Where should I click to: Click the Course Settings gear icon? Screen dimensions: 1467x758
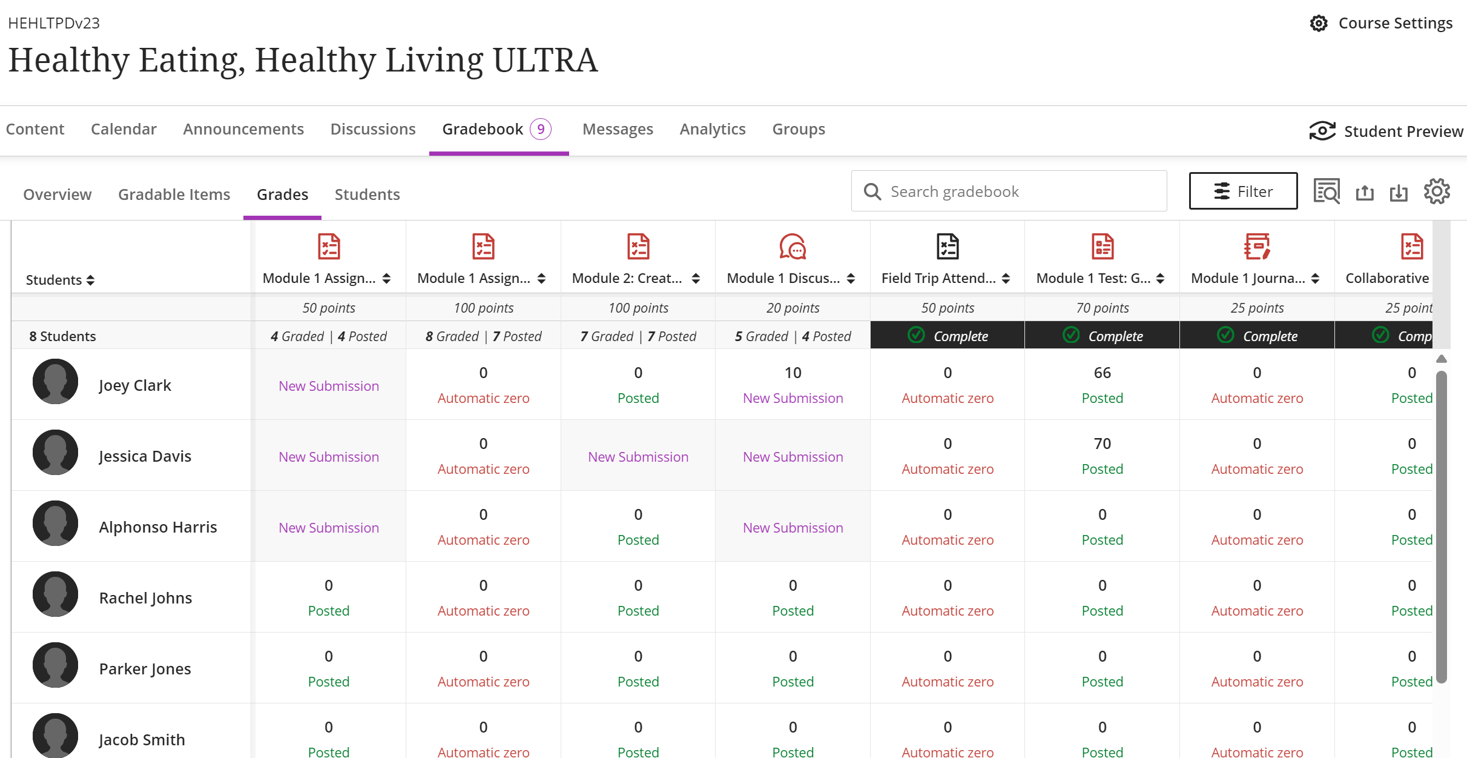[1319, 23]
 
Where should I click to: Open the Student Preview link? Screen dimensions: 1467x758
[1386, 131]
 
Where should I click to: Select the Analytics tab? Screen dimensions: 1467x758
[713, 129]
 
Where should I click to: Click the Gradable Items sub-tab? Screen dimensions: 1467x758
[174, 194]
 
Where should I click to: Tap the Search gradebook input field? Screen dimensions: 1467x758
[1009, 191]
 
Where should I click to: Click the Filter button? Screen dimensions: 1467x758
[1243, 191]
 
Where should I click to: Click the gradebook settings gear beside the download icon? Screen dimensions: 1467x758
[1437, 191]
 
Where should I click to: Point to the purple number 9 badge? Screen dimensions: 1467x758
[541, 129]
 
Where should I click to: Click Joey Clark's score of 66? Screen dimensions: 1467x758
[1102, 373]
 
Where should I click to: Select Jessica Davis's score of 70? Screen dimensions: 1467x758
[1102, 444]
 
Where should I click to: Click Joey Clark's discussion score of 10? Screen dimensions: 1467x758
[793, 373]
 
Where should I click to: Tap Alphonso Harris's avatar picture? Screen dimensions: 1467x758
[55, 524]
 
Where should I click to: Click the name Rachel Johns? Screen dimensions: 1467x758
[145, 598]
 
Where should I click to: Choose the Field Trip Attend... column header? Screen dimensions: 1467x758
[938, 278]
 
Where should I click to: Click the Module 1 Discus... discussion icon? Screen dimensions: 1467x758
[793, 247]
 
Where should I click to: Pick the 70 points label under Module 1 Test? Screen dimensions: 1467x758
[1102, 308]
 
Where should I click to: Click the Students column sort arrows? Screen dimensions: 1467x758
[91, 280]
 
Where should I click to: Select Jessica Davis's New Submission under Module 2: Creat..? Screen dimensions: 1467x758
[638, 457]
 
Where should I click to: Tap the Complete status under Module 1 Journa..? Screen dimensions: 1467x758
[1258, 336]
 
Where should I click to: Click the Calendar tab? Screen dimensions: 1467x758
[124, 129]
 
